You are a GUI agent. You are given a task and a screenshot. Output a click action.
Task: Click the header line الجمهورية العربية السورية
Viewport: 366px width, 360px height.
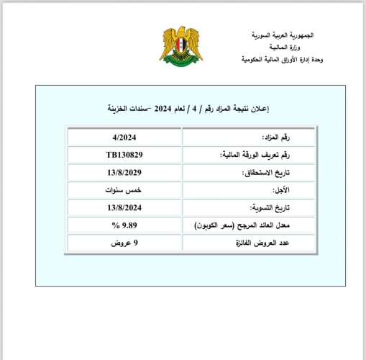tap(283, 35)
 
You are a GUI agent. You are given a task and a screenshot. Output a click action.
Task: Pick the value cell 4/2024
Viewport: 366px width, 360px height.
tap(124, 137)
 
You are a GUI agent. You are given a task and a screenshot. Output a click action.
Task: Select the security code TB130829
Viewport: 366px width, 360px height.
tap(124, 155)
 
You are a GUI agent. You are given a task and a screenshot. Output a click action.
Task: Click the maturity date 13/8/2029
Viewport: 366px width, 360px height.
tap(124, 173)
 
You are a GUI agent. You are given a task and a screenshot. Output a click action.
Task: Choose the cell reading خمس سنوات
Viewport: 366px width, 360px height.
tap(124, 190)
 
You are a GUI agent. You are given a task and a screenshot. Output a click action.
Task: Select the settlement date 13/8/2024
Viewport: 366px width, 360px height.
tap(124, 207)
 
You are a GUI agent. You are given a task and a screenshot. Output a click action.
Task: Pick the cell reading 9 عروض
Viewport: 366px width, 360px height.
tap(124, 243)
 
